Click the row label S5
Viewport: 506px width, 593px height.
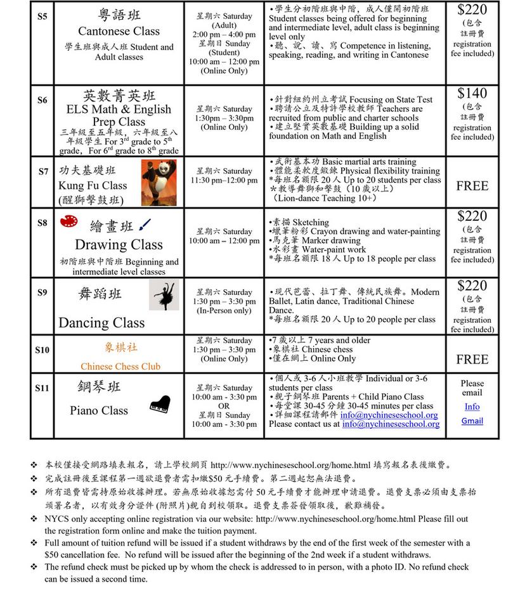coord(42,16)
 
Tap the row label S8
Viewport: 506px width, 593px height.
coord(42,223)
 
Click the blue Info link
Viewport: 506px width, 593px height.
coord(472,407)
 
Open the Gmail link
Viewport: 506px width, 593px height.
coord(472,421)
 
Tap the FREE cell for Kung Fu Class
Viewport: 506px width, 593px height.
coord(472,186)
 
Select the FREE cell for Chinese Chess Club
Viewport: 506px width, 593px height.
coord(472,360)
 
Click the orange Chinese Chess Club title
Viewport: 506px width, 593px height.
coord(120,366)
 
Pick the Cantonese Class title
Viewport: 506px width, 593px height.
coord(119,31)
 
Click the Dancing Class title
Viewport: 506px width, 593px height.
coord(101,322)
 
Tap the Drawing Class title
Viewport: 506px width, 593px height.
coord(119,244)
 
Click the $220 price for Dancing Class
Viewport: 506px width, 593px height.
coord(472,286)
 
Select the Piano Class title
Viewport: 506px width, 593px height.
coord(100,410)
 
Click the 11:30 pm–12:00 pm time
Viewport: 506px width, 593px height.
coord(224,181)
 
